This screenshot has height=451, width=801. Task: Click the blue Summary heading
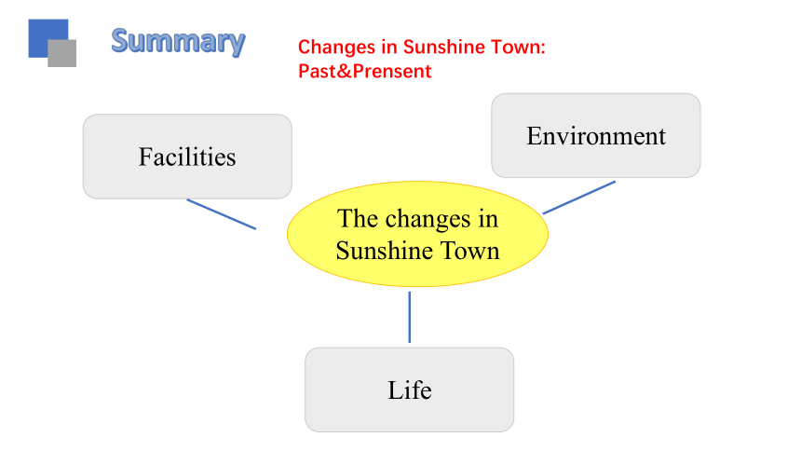pyautogui.click(x=178, y=42)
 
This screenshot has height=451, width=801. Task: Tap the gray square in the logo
pyautogui.click(x=62, y=54)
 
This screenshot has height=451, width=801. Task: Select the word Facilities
pyautogui.click(x=187, y=157)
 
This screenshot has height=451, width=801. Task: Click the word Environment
pyautogui.click(x=596, y=135)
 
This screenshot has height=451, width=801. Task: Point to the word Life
pyautogui.click(x=410, y=390)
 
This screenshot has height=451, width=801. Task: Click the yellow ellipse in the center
pyautogui.click(x=417, y=234)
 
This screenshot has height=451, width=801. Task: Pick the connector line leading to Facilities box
pyautogui.click(x=221, y=214)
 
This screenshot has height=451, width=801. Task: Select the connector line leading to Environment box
pyautogui.click(x=579, y=198)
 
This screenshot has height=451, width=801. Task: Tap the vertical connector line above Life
pyautogui.click(x=409, y=317)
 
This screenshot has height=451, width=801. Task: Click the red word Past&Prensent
pyautogui.click(x=365, y=71)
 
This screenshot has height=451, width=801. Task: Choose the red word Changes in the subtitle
pyautogui.click(x=336, y=47)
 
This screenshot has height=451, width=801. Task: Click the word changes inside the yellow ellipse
pyautogui.click(x=428, y=220)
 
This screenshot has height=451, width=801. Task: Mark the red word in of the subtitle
pyautogui.click(x=389, y=47)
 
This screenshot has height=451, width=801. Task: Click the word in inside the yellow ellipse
pyautogui.click(x=488, y=219)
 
